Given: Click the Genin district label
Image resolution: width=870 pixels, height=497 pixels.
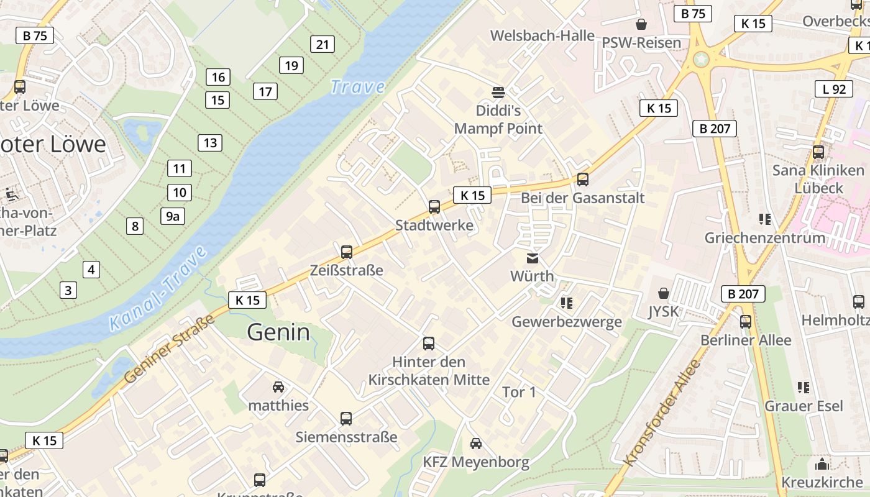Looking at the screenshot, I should [x=278, y=332].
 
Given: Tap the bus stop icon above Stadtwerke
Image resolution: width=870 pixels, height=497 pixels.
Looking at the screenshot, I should [x=434, y=207].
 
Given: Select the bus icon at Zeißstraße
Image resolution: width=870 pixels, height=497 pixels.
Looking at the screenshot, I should [x=347, y=252].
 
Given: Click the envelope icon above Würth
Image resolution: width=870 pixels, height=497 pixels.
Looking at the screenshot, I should [x=533, y=258].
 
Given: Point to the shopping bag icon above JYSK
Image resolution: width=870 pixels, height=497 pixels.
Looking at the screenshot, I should [x=664, y=293].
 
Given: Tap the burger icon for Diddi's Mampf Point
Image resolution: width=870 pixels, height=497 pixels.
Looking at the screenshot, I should [x=498, y=93].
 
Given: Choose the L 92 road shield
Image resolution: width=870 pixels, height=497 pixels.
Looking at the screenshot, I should [x=834, y=89].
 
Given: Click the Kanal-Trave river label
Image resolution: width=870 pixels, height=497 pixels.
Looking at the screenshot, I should [x=158, y=288].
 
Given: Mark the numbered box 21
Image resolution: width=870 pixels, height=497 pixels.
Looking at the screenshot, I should [x=322, y=44].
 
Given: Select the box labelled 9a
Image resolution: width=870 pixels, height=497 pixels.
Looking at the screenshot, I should [x=173, y=216].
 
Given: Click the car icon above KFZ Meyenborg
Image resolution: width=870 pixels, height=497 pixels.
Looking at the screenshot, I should [x=476, y=443].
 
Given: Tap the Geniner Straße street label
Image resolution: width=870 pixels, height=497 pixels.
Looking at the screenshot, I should [x=169, y=349].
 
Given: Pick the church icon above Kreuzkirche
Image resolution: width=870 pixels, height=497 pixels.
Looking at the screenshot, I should [x=822, y=464].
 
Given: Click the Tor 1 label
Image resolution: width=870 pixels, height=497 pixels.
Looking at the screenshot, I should [x=519, y=392].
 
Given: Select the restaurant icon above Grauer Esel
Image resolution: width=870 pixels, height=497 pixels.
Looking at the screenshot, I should [x=804, y=388].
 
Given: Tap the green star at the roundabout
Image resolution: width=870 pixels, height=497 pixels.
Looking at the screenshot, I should [x=702, y=60].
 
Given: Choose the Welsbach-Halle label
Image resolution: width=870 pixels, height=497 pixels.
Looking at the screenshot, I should [x=543, y=35].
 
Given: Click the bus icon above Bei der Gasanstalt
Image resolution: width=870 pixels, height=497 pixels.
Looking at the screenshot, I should [x=582, y=180].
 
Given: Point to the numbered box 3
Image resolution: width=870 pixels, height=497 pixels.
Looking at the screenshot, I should [x=68, y=290].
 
